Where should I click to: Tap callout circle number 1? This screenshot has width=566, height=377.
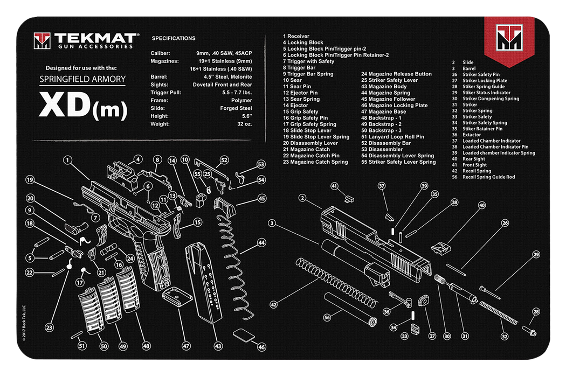coord(67,160)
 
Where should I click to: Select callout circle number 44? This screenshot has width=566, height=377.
coord(261,243)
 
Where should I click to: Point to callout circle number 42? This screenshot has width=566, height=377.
coord(273,305)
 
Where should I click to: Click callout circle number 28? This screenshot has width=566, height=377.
coord(536,312)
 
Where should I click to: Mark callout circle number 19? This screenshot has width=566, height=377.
coord(30,180)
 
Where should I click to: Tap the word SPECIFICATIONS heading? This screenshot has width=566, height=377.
coord(174,39)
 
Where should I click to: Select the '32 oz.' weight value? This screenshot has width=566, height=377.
coord(244,124)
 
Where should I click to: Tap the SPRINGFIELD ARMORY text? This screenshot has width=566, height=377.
coord(82,79)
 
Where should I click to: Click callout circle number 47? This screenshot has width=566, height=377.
coord(187,346)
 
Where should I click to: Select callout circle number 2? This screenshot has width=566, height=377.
coord(303,198)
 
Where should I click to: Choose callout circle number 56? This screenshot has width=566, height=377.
coord(327,317)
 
